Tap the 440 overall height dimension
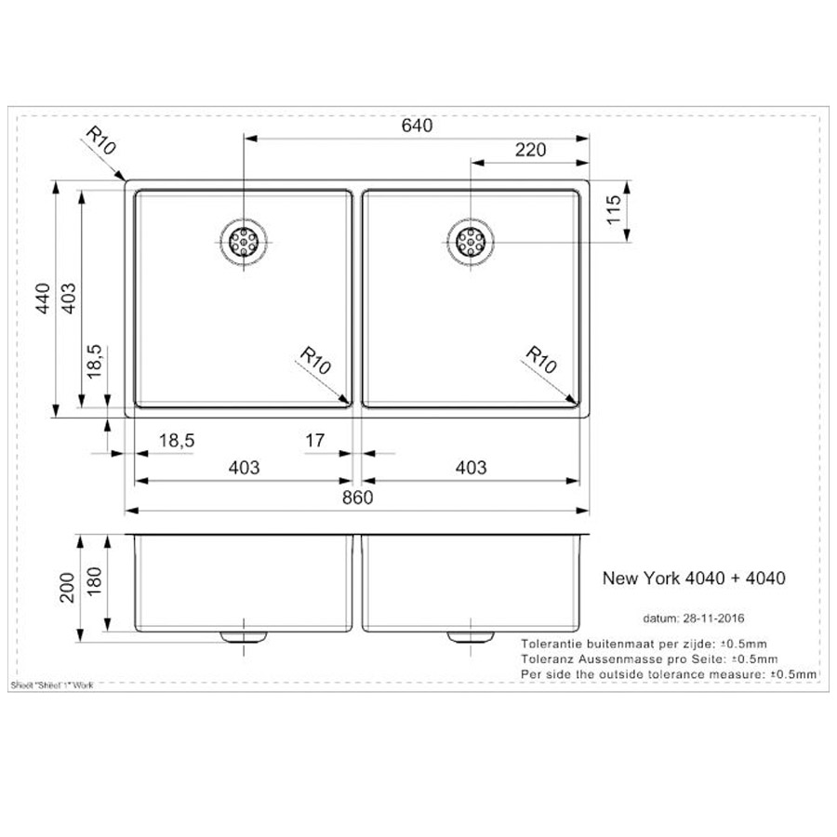[43, 297]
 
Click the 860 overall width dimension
[357, 498]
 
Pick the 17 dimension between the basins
[314, 441]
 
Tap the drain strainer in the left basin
[244, 242]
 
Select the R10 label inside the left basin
[316, 361]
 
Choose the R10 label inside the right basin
[541, 360]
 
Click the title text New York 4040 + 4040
[694, 578]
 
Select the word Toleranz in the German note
[549, 658]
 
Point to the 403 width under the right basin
[471, 468]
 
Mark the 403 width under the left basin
[244, 468]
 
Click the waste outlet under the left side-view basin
[244, 636]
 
